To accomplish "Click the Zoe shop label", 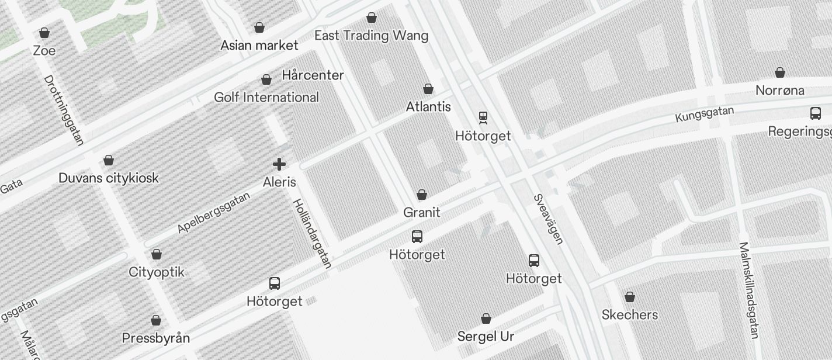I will (44, 51).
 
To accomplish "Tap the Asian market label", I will (259, 45).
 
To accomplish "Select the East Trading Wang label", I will (371, 36).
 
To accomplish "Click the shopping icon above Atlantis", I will (428, 89).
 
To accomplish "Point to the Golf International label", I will (266, 97).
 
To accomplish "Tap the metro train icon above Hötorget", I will (483, 118).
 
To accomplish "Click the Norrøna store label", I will (779, 90).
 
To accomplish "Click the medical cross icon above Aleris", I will (279, 164).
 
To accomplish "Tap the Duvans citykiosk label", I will (109, 178).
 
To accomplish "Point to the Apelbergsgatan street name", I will (214, 212).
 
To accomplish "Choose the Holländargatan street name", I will (312, 233).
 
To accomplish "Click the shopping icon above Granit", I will (422, 195).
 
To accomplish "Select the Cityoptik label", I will (157, 272).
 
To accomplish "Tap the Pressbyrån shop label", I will (156, 338).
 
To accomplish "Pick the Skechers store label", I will (630, 314).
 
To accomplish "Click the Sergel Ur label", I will (486, 336).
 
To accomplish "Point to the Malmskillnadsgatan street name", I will (748, 290).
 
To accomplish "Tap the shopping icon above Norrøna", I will (780, 72).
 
